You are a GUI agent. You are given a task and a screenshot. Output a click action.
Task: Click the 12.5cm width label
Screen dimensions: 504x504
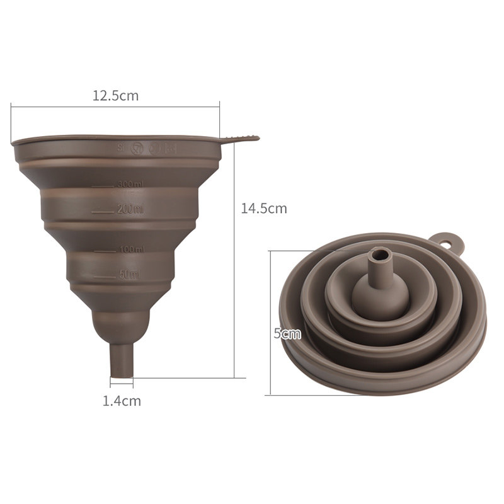coord(115,96)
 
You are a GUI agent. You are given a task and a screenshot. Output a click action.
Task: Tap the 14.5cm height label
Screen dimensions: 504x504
coord(264,209)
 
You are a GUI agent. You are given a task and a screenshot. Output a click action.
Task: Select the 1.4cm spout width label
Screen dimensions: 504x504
coord(122,400)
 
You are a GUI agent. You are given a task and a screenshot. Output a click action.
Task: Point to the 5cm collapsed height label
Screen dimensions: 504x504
coord(287,334)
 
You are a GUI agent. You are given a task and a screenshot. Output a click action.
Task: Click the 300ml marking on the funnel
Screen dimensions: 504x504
coord(130,184)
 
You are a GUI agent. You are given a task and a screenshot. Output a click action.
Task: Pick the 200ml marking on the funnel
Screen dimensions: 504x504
coord(130,209)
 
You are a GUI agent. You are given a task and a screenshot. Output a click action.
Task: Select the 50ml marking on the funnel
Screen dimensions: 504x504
coord(129,274)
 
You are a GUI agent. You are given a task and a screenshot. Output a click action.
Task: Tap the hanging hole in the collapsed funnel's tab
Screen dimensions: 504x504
coord(448,240)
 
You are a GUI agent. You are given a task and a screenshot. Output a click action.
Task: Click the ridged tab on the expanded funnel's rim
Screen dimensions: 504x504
coord(242,137)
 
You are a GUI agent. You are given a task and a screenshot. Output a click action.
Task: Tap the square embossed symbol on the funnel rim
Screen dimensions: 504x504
coord(171,149)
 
